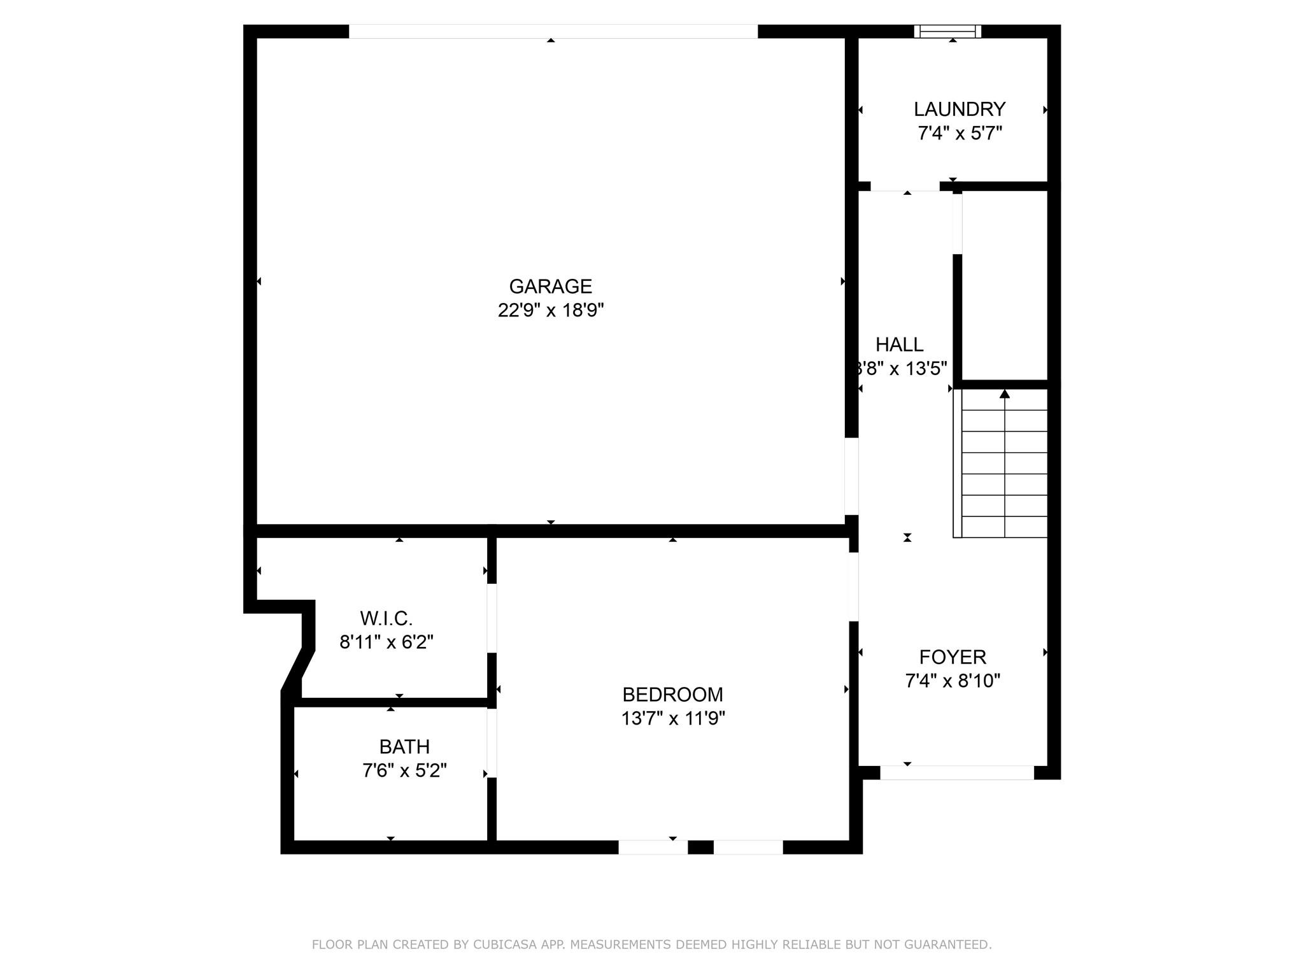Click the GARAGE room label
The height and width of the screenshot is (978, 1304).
(551, 287)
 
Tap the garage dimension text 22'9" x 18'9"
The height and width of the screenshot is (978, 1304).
(551, 311)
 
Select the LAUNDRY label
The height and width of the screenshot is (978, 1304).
(960, 110)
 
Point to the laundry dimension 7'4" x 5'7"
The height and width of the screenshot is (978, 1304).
(960, 134)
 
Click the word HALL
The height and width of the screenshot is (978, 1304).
(899, 344)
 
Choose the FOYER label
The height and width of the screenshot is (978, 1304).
(953, 657)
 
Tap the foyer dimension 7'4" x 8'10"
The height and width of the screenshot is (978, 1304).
(953, 681)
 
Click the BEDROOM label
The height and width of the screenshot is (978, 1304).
(673, 694)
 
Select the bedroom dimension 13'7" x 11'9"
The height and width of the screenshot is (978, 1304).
(673, 718)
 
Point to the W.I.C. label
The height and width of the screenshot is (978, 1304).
(386, 618)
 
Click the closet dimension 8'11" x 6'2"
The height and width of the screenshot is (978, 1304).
(386, 642)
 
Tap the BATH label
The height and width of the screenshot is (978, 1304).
(404, 746)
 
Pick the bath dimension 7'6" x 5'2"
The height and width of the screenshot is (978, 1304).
(404, 770)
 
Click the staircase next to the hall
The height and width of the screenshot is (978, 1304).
(1000, 464)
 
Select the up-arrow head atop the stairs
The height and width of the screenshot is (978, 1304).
(1005, 393)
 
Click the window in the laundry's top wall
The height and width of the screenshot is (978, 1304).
(947, 31)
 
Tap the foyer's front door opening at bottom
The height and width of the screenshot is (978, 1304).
(957, 772)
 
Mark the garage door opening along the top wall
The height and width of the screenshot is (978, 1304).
(553, 31)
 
